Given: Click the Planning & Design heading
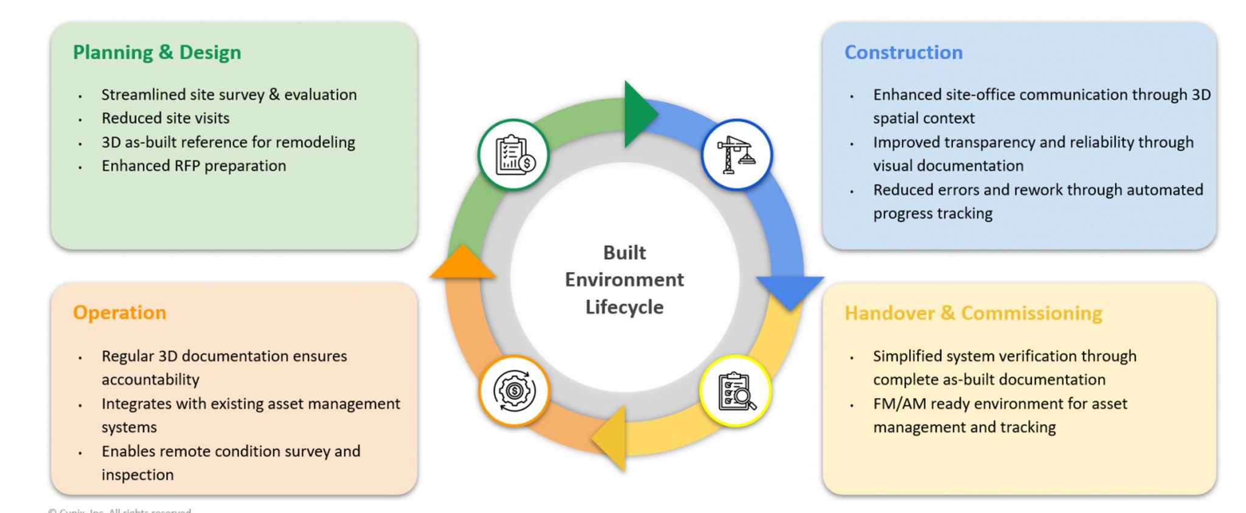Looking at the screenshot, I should point(157,53).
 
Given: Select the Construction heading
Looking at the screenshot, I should point(903,53).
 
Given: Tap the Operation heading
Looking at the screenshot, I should point(119,313).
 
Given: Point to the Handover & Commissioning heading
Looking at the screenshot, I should point(973,313).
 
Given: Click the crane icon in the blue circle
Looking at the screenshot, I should point(736,155).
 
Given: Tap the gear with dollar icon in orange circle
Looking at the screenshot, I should point(514,391).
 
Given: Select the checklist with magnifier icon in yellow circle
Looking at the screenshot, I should point(736,391).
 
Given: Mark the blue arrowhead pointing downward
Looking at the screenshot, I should point(790,290).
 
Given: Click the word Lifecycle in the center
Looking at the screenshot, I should point(624,307).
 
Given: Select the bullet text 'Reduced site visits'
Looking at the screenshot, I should point(165,118).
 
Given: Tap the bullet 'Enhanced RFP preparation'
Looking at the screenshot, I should point(193,166).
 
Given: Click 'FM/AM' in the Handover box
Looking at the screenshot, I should point(899,404).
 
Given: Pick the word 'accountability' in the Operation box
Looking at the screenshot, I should point(150,380).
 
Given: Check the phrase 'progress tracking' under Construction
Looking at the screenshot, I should point(933,214).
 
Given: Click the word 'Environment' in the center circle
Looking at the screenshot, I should point(624,280).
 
